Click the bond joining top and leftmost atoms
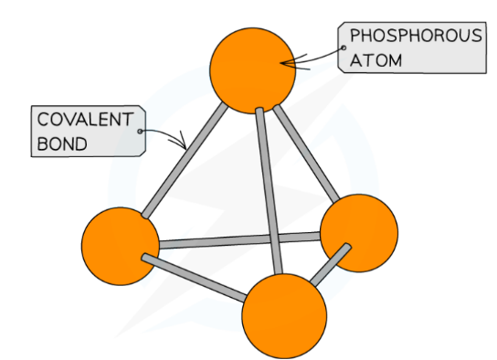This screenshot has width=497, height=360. (x=184, y=161)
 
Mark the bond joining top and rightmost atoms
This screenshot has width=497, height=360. (x=306, y=151)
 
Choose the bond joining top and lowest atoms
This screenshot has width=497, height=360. (x=271, y=192)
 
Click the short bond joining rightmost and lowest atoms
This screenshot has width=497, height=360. (x=331, y=265)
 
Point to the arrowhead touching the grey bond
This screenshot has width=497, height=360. (x=185, y=145)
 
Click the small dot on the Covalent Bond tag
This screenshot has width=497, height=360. (x=140, y=132)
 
